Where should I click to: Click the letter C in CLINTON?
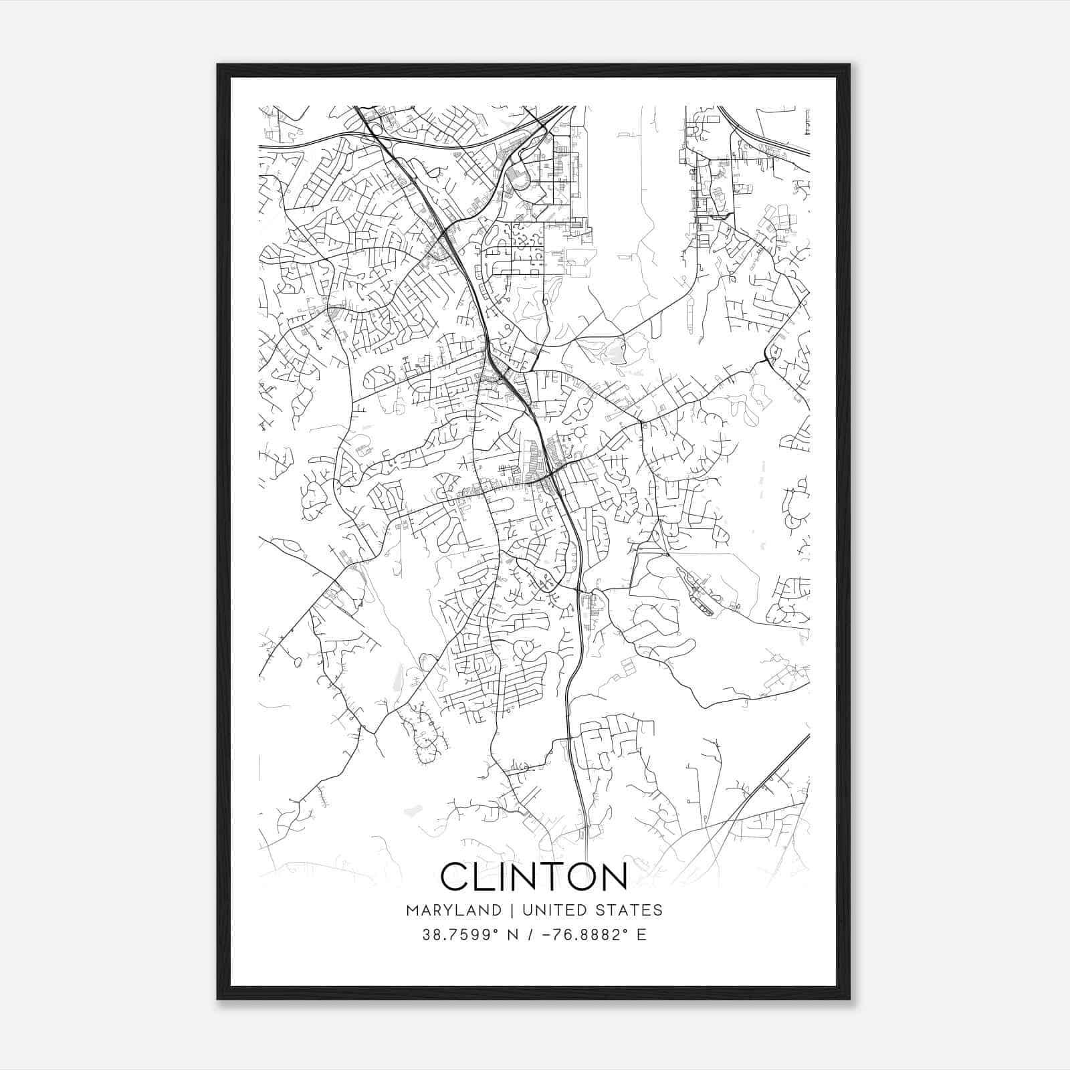point(457,876)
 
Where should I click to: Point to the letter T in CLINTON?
point(560,876)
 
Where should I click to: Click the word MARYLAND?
point(453,910)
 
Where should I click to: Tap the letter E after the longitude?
point(642,935)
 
